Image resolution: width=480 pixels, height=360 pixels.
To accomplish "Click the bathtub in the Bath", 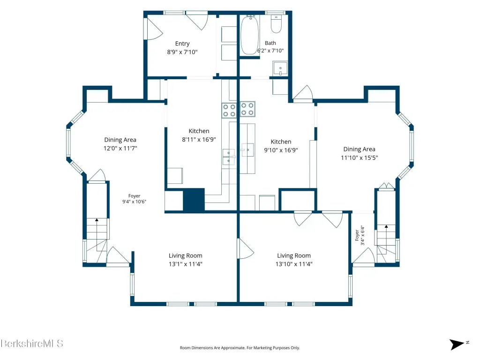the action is point(250,35).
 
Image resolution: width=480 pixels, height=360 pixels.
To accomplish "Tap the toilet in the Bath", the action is point(276,24).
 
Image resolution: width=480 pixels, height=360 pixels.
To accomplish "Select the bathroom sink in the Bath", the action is point(280,68).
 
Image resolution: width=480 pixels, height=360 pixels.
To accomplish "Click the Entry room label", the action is point(182,44).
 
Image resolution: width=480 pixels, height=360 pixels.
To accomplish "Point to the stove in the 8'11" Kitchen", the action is point(229,110).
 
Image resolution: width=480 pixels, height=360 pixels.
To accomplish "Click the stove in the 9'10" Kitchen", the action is point(247,109).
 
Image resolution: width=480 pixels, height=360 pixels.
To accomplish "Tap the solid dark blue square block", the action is point(194,199).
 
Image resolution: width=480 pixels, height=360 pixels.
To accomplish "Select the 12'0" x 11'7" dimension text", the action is point(120,148).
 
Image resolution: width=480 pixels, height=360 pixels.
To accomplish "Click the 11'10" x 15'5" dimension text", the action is point(360,157).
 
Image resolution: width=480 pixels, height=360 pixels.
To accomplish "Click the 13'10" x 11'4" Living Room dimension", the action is point(294,264).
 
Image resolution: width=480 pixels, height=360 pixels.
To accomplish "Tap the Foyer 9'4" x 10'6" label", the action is point(134,199).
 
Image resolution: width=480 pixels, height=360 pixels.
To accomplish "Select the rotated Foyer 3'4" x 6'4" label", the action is point(360,235).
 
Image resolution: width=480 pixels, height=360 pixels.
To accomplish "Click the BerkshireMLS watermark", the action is point(32,344).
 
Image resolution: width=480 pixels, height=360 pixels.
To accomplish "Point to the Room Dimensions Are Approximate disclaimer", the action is point(240,348).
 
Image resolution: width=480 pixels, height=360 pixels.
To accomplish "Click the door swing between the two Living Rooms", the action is point(246,248).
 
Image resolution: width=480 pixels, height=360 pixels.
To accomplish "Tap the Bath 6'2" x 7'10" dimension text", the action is point(270,51).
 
